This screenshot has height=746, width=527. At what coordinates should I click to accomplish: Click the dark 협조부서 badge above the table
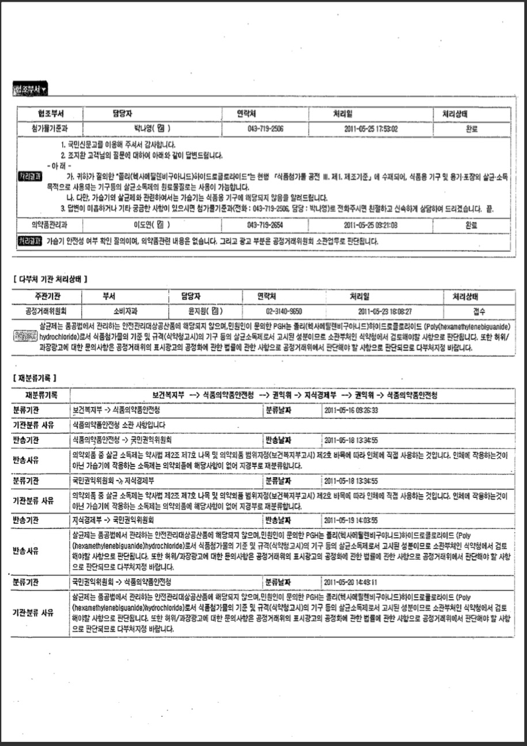(30, 90)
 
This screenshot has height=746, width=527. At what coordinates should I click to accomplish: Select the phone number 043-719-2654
(266, 225)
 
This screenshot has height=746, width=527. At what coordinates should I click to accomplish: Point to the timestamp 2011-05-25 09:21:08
(371, 225)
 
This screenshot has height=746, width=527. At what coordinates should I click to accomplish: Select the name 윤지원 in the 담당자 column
(199, 311)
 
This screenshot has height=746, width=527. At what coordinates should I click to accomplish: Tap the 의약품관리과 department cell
(49, 225)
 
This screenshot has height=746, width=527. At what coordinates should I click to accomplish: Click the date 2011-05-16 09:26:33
(351, 411)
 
